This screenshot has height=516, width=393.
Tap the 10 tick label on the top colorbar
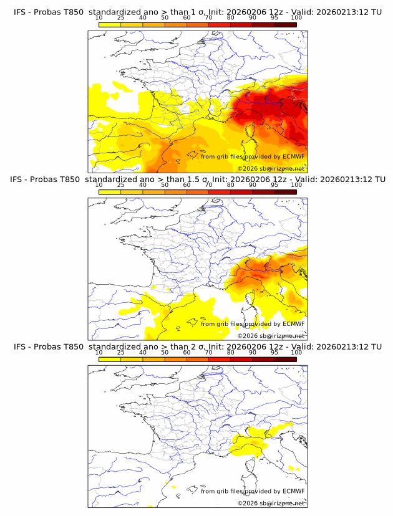click(x=99, y=18)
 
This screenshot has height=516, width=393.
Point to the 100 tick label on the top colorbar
click(x=296, y=18)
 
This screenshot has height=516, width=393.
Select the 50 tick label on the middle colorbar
click(x=165, y=186)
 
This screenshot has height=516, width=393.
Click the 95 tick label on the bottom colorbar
click(x=274, y=353)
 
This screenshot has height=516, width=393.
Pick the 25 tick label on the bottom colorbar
click(x=121, y=353)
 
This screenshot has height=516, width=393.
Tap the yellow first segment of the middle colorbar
click(x=110, y=192)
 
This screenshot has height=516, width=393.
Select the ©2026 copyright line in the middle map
click(x=271, y=336)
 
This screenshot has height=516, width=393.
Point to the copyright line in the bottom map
click(x=271, y=504)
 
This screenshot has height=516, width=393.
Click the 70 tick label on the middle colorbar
click(x=208, y=186)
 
